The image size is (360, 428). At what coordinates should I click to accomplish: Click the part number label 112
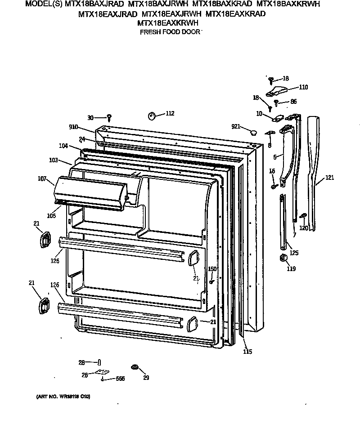pos(170,113)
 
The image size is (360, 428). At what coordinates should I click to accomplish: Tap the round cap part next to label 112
pos(151,116)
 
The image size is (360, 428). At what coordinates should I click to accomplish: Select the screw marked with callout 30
pos(109,118)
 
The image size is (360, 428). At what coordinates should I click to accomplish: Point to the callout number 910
pos(73,127)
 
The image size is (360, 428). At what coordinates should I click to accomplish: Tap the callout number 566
pos(120,379)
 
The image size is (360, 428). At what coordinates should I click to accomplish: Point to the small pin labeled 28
pos(99,362)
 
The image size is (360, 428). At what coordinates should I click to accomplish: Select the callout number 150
pos(212,269)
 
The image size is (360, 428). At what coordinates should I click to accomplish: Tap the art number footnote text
pos(63,397)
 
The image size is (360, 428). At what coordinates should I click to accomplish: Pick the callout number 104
pos(63,146)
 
